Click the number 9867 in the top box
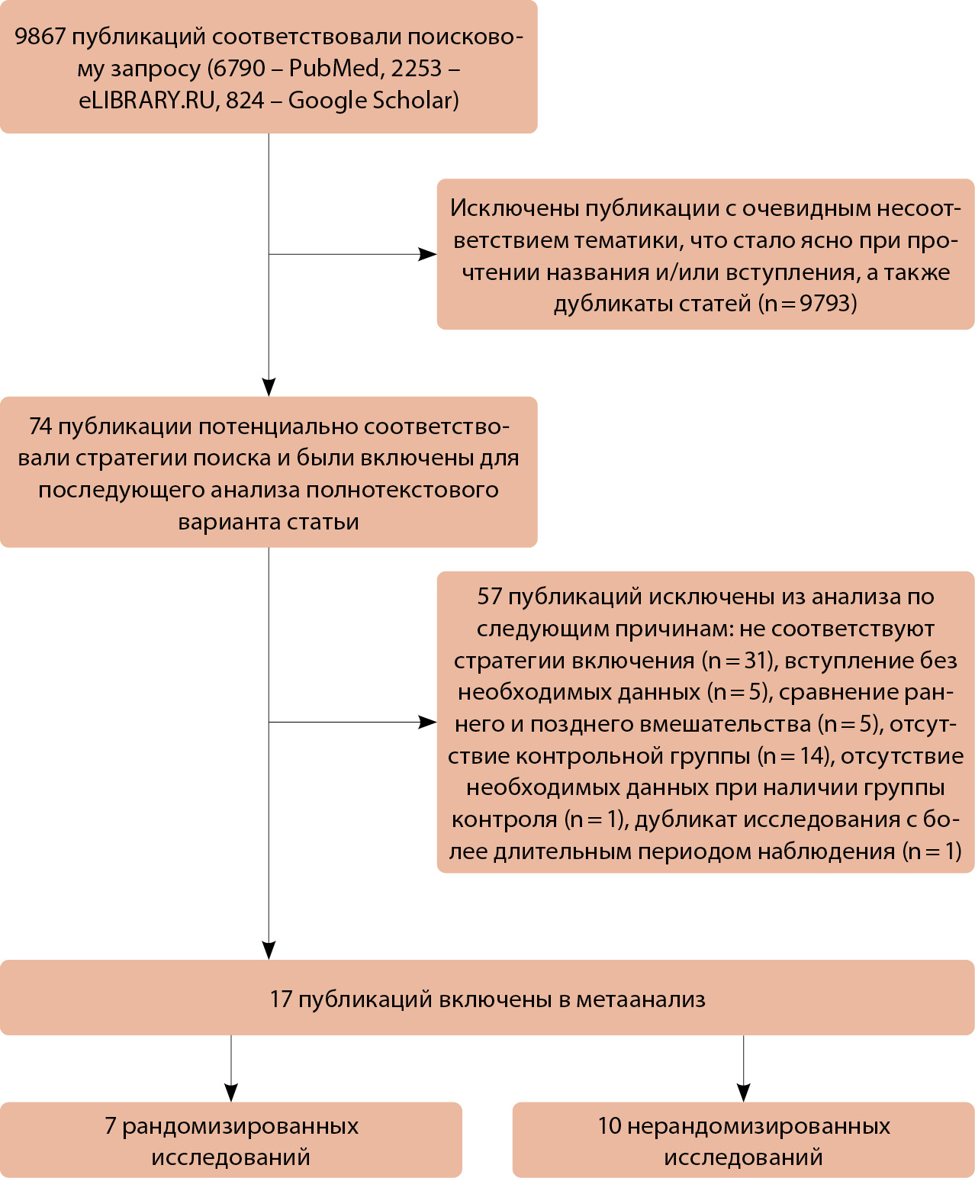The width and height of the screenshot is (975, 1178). pos(40,37)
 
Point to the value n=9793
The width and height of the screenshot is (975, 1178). pos(808,304)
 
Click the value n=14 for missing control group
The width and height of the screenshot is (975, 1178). pos(793,756)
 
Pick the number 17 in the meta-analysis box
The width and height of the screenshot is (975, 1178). pos(281,999)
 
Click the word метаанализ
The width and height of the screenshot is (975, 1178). pos(641,999)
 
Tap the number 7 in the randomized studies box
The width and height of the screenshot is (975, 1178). pos(111,1126)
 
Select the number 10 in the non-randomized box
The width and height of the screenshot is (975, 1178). pos(610,1126)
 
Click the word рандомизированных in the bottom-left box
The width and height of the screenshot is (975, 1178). pos(240,1126)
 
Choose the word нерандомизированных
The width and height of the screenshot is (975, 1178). pos(758,1126)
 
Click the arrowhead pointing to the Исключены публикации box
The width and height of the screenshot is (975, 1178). pos(428,254)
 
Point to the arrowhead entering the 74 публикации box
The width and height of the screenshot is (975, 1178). pos(269,387)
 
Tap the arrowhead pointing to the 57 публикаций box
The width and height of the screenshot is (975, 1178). pos(428,722)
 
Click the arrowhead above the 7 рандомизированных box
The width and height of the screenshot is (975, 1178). pos(231,1093)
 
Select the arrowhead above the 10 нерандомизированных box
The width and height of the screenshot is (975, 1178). pos(744,1093)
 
